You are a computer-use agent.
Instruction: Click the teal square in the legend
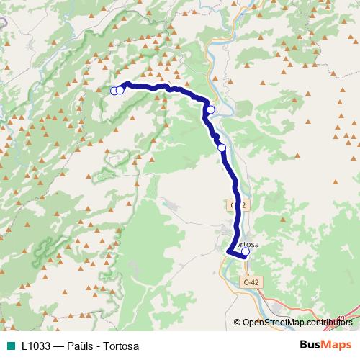(x=12, y=345)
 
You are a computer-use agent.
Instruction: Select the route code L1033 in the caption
(x=36, y=345)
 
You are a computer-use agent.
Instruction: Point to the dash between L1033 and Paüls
(x=59, y=345)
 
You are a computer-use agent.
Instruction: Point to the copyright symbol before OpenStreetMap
(x=238, y=323)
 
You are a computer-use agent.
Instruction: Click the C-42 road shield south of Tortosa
(x=251, y=283)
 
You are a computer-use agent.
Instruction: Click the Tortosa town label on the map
(x=246, y=243)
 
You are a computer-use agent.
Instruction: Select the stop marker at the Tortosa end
(x=246, y=252)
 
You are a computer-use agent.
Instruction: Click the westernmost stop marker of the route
(x=114, y=90)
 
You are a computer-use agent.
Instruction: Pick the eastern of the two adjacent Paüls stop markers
(x=120, y=90)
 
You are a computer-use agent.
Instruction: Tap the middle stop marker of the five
(x=211, y=110)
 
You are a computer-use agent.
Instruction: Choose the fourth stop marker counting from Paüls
(x=222, y=148)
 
